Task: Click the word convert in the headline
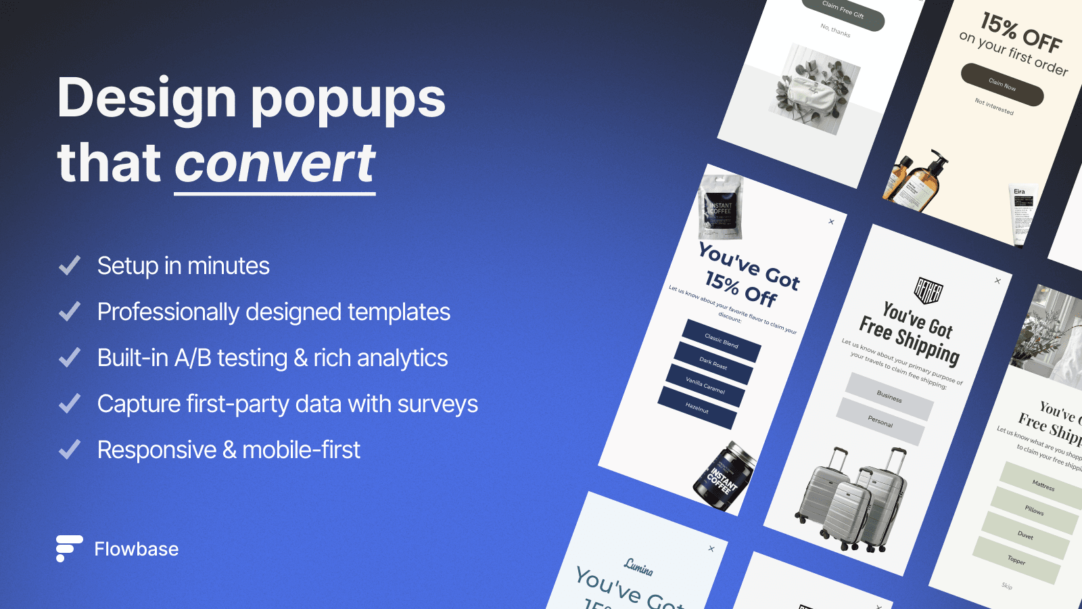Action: tap(275, 164)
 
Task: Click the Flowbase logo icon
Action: tap(69, 548)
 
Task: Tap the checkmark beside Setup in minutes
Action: tap(70, 266)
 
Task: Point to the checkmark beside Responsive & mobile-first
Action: tap(70, 450)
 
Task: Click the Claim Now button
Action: tap(1002, 85)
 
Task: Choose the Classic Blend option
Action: tap(722, 340)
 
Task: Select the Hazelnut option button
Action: tap(697, 408)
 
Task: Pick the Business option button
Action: tap(889, 397)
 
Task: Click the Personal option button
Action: tap(880, 422)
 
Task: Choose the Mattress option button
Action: tap(1043, 485)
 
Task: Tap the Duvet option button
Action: tap(1026, 535)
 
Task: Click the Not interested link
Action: tap(994, 106)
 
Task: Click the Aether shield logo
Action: tap(928, 291)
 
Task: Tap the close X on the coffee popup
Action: tap(831, 221)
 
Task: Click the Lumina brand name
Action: tap(638, 567)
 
